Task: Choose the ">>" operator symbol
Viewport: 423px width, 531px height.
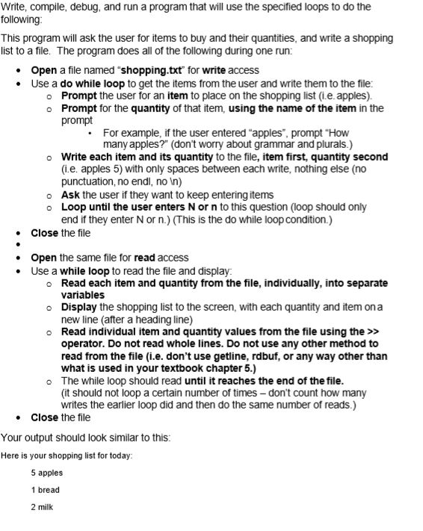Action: click(375, 332)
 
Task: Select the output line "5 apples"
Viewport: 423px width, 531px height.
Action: click(46, 473)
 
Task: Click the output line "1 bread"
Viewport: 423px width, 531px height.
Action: click(45, 490)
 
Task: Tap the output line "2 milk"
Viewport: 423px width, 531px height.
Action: click(43, 507)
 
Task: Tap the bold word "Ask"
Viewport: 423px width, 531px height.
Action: click(70, 194)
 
